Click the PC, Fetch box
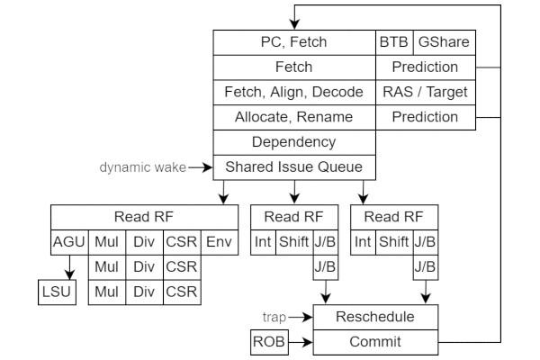(293, 41)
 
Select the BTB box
(392, 41)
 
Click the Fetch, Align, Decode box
(293, 92)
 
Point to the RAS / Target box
(425, 92)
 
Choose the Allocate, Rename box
(293, 117)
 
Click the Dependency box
(293, 142)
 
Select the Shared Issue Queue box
(293, 166)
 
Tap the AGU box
(68, 242)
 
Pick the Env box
(219, 242)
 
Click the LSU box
(55, 292)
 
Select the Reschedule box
(375, 317)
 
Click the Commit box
(375, 342)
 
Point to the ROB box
(268, 342)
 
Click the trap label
(274, 317)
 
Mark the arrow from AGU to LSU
(68, 267)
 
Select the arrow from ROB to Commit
(300, 342)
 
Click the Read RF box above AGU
(143, 217)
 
